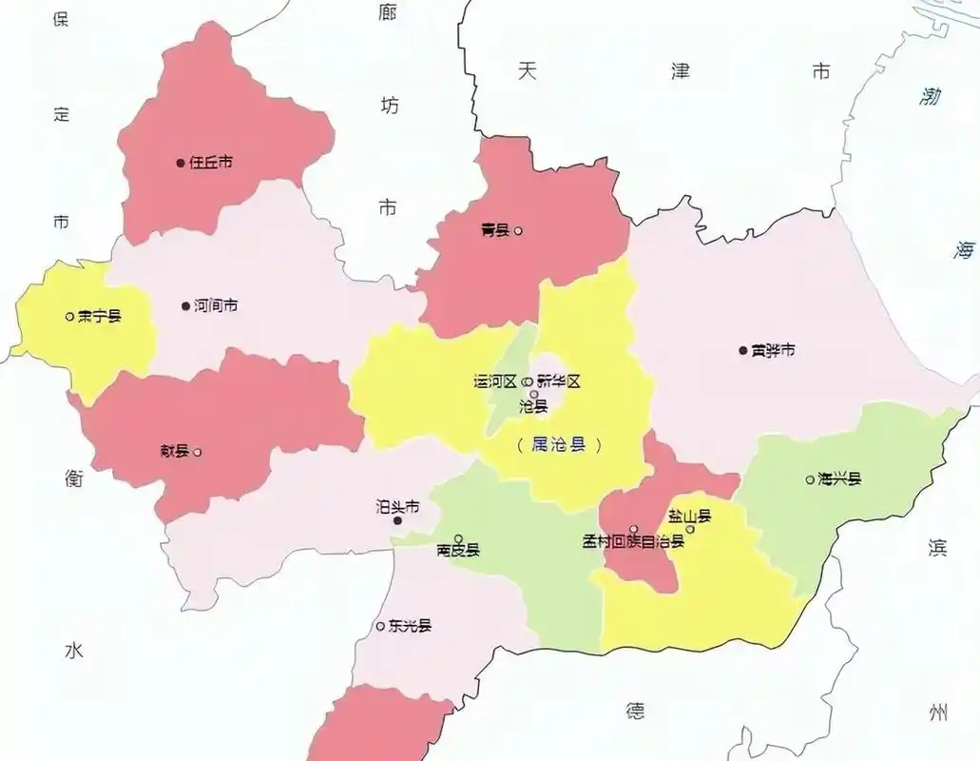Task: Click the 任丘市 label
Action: [211, 163]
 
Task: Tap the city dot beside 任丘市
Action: [180, 163]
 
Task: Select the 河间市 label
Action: [216, 306]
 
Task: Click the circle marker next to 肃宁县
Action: [69, 316]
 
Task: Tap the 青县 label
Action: [495, 230]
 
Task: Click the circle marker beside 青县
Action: [518, 230]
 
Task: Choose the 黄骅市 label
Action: [773, 350]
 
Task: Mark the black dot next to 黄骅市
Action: [743, 350]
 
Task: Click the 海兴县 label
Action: [839, 479]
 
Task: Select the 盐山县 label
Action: [689, 517]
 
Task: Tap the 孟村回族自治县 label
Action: [633, 542]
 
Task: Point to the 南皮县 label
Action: [458, 550]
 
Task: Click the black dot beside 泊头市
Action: [398, 521]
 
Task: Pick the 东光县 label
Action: [410, 626]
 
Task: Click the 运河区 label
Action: [495, 381]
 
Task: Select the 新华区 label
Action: [558, 381]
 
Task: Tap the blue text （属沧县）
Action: [560, 444]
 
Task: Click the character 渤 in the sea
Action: [931, 95]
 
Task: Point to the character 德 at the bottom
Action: [635, 711]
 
